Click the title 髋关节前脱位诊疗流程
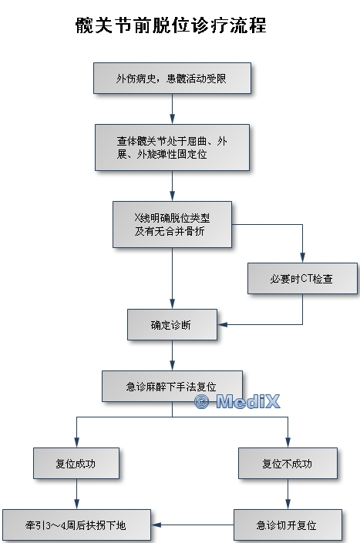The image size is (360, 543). [171, 25]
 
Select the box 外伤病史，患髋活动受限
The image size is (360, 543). [172, 79]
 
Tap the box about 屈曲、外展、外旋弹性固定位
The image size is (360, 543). [172, 148]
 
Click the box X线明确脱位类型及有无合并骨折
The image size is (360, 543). [172, 224]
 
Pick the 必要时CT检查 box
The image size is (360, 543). [302, 278]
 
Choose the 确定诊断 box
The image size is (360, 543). [172, 324]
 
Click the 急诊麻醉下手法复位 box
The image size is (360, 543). [172, 386]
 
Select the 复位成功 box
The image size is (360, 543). [76, 464]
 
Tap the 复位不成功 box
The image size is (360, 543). [288, 464]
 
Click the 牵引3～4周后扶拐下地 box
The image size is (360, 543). [76, 525]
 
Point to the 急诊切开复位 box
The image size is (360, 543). [288, 525]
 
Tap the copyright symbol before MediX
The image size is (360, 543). [202, 402]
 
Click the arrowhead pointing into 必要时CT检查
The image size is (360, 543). [302, 258]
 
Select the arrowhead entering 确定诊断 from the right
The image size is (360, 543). [223, 324]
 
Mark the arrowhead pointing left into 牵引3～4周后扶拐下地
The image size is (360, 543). [156, 525]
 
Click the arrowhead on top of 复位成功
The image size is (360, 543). [76, 442]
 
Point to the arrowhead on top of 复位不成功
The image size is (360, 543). [288, 442]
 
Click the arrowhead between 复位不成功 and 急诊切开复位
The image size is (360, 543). [288, 504]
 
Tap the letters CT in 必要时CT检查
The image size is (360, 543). [307, 278]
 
